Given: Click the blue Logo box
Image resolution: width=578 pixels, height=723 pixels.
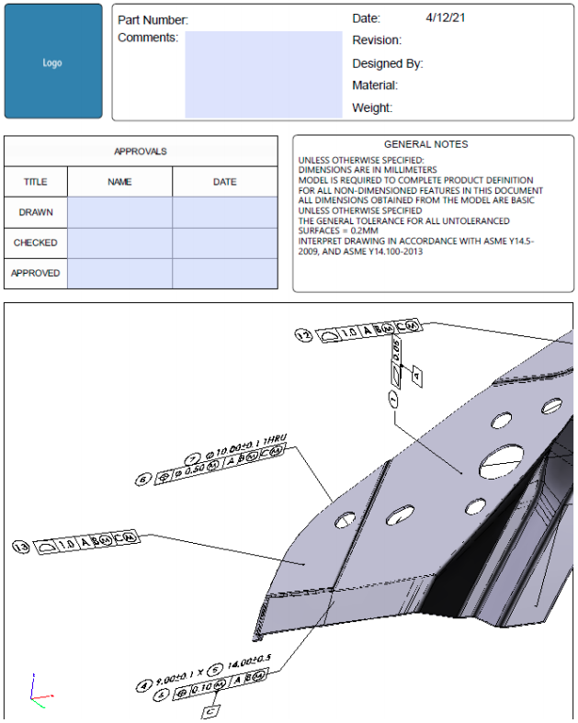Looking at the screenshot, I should pyautogui.click(x=52, y=62).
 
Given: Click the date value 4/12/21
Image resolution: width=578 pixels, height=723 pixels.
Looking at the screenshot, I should pyautogui.click(x=446, y=17).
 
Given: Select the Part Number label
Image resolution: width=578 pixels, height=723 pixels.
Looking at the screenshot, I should pyautogui.click(x=153, y=19).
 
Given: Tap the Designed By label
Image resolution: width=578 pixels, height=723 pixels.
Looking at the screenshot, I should pyautogui.click(x=387, y=63).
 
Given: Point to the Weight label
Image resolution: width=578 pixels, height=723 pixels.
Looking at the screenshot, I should pyautogui.click(x=372, y=108).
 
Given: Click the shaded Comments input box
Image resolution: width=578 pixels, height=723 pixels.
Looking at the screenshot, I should pyautogui.click(x=263, y=74).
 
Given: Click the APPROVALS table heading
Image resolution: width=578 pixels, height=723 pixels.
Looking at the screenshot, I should pyautogui.click(x=140, y=152).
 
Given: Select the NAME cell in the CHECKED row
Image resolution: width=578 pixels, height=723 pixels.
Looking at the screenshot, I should pyautogui.click(x=119, y=243).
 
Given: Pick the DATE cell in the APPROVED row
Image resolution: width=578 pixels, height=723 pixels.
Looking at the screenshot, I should pyautogui.click(x=224, y=273).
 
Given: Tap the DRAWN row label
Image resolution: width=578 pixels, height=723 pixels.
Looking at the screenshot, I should pyautogui.click(x=35, y=212).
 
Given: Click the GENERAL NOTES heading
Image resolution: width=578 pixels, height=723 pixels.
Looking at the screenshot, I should pyautogui.click(x=425, y=144).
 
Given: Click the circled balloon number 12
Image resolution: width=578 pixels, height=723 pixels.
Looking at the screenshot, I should pyautogui.click(x=301, y=335).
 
